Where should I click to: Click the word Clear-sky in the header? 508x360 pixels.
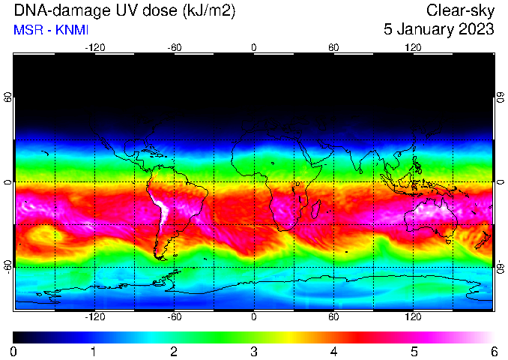click(x=460, y=11)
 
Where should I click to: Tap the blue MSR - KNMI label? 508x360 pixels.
click(x=51, y=30)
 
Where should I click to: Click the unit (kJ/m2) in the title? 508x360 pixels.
click(x=209, y=11)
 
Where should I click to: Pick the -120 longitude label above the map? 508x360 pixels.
click(x=95, y=48)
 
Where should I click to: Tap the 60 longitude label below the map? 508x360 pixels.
click(x=333, y=316)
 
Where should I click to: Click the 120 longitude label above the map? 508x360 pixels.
click(x=413, y=48)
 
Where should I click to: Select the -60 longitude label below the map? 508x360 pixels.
click(x=175, y=316)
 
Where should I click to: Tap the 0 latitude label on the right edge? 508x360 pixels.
click(x=501, y=182)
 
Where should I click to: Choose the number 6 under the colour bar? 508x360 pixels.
click(x=494, y=352)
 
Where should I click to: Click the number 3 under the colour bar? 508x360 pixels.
click(x=254, y=352)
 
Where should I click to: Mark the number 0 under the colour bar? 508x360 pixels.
click(x=13, y=352)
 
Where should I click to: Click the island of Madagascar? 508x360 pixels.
click(x=316, y=209)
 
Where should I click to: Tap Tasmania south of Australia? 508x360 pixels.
click(x=449, y=241)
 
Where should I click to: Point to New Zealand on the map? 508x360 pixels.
click(x=483, y=240)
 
